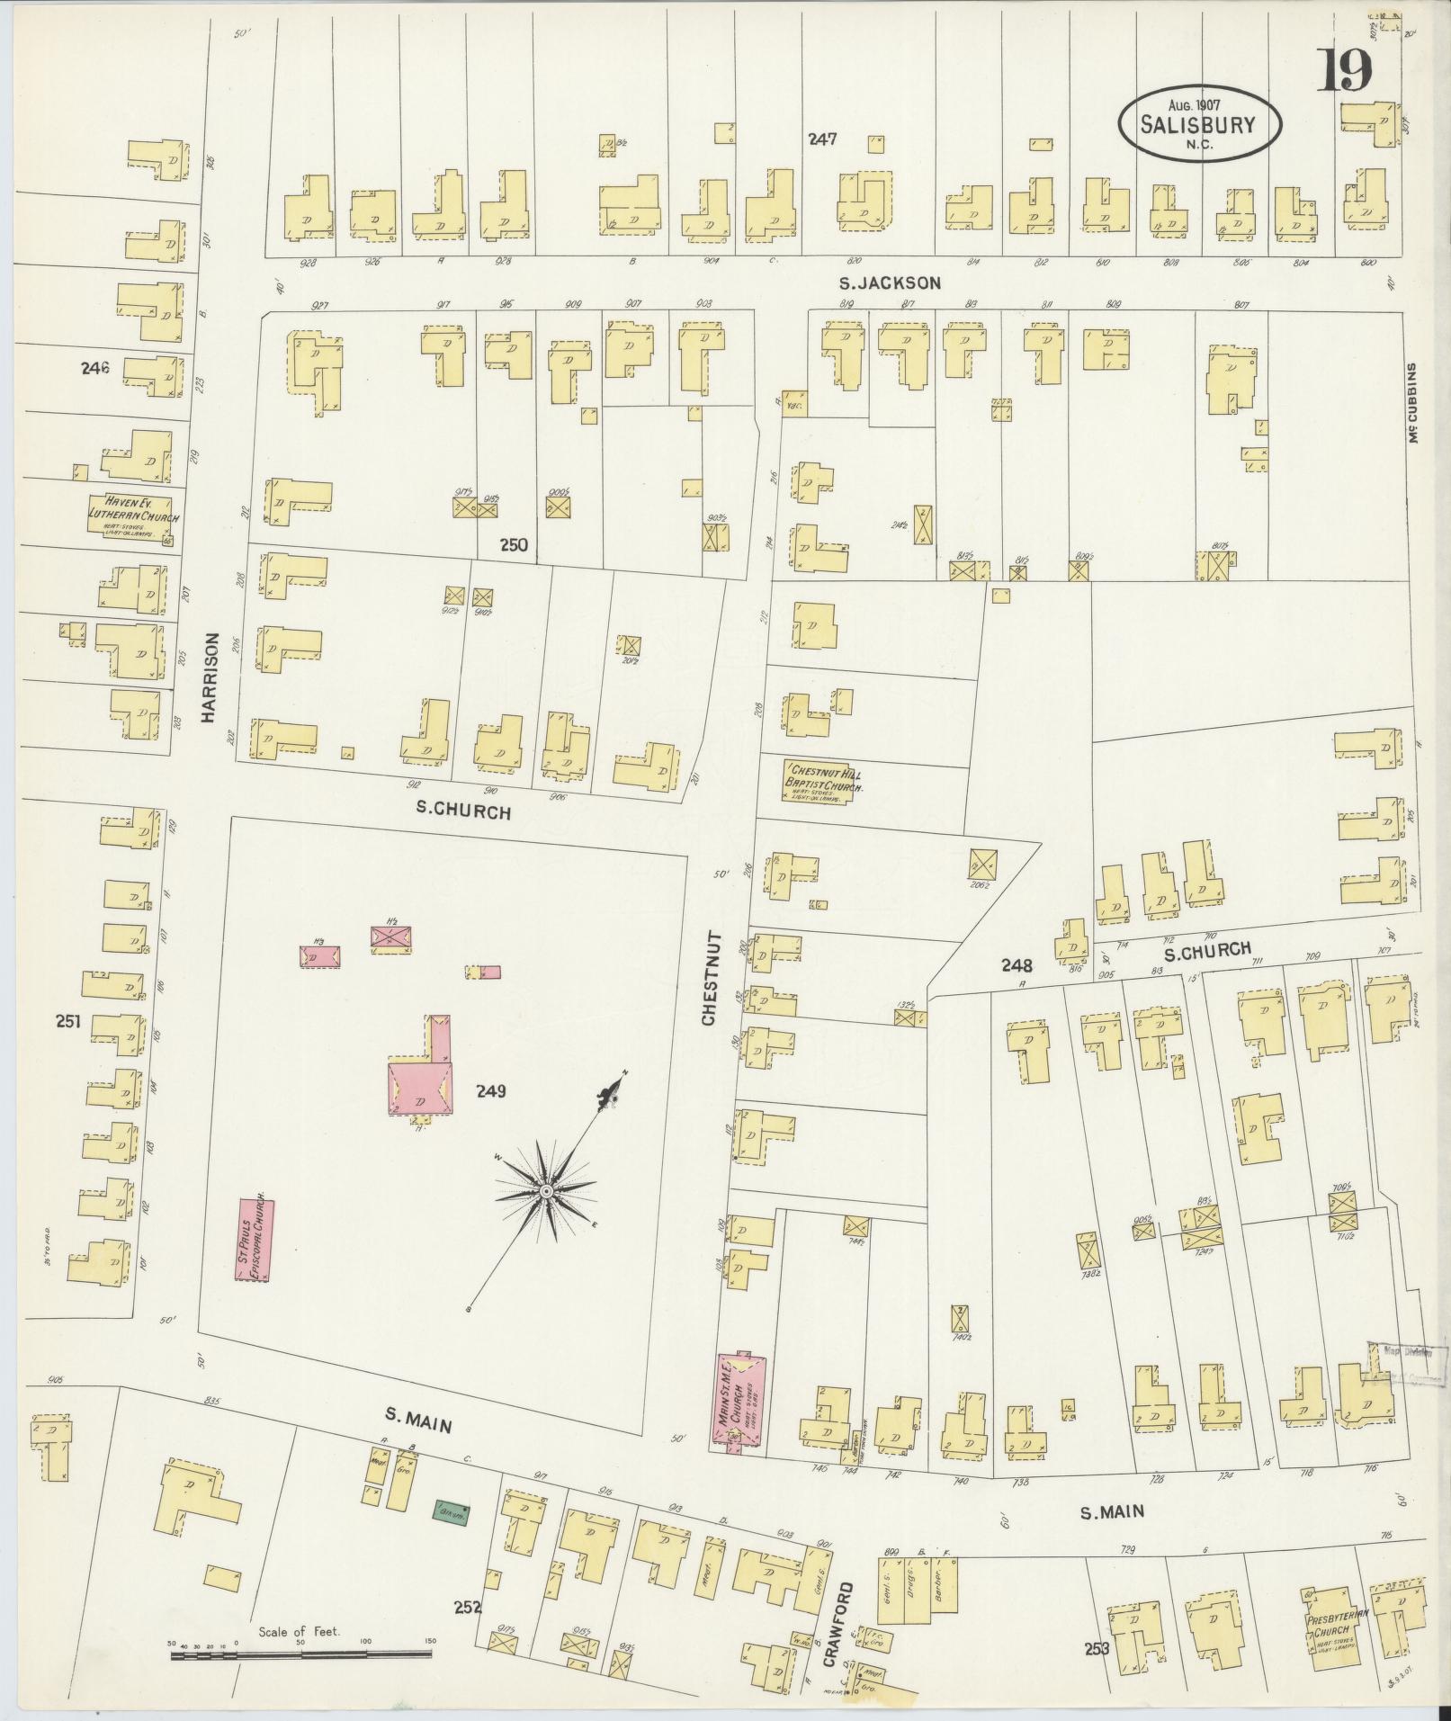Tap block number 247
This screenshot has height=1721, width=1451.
click(822, 139)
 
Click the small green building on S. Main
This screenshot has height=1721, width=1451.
click(452, 1514)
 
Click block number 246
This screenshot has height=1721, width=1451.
click(94, 367)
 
